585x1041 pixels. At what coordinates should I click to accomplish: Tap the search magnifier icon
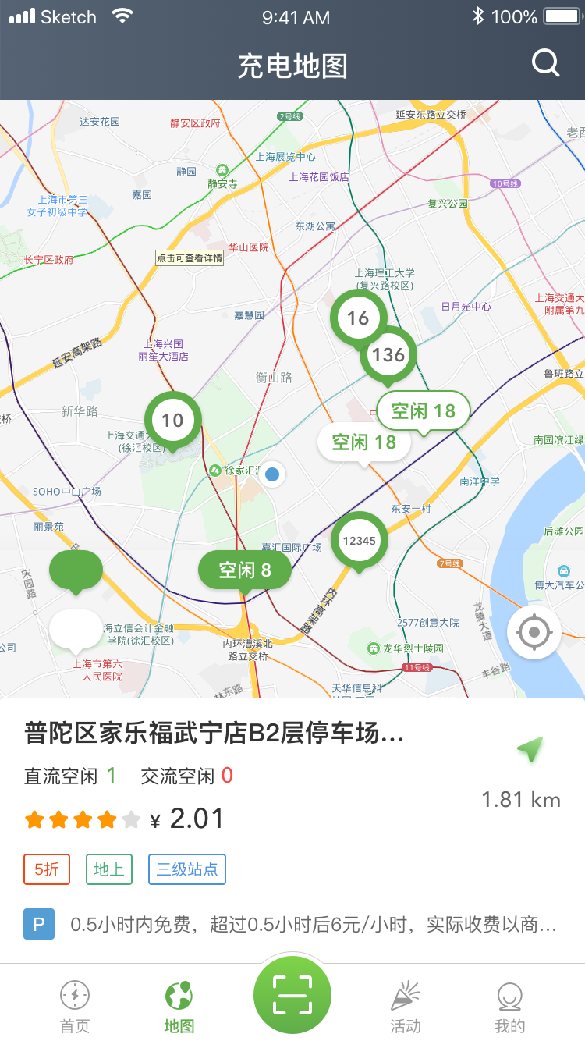545,63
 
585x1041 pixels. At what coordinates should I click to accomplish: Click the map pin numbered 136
388,355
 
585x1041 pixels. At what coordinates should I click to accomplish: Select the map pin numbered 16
358,318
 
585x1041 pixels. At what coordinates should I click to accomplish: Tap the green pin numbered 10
172,420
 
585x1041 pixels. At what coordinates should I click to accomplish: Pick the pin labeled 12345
359,540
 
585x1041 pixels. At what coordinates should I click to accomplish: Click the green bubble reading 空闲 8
245,570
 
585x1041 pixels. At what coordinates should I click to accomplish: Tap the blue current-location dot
272,474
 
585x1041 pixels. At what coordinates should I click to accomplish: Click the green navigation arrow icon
530,750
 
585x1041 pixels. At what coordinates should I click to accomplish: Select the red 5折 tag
47,869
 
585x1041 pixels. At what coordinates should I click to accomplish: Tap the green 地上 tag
109,869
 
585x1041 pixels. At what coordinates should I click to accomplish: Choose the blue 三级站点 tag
187,869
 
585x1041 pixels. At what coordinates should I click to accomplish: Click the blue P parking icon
39,925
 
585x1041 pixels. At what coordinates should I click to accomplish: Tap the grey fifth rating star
132,819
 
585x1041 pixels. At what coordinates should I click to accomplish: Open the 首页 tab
75,1007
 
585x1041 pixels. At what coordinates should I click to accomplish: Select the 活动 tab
406,1007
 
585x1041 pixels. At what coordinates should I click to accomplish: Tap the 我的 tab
510,1007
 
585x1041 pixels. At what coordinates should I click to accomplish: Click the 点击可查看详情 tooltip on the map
190,258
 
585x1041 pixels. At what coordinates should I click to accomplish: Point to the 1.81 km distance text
520,800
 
